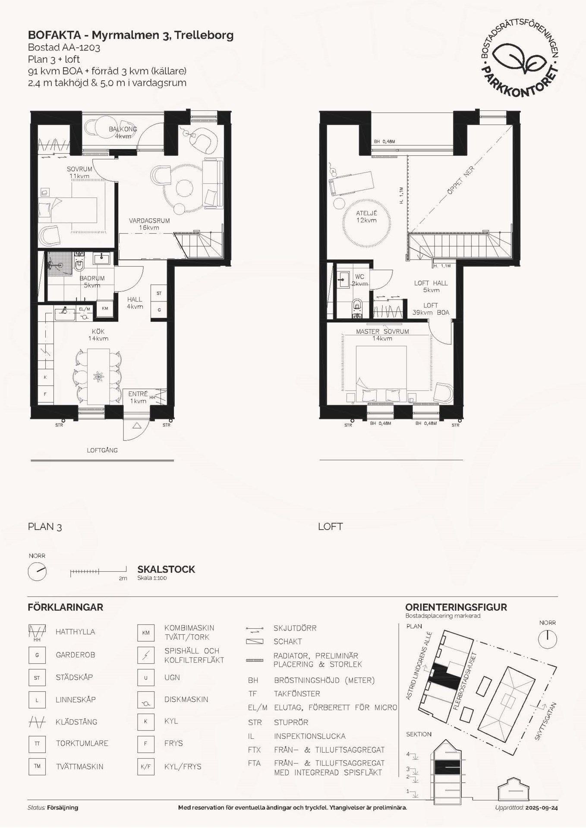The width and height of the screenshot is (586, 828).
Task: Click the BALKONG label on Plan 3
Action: pyautogui.click(x=123, y=129)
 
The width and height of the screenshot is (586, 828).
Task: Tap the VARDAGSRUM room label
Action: pyautogui.click(x=149, y=220)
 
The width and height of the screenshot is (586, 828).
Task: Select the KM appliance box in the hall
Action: pyautogui.click(x=105, y=308)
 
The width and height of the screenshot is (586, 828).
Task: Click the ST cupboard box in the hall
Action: pyautogui.click(x=159, y=293)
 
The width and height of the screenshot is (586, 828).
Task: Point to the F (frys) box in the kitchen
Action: pyautogui.click(x=45, y=394)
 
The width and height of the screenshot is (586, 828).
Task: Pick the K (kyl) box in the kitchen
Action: pyautogui.click(x=45, y=377)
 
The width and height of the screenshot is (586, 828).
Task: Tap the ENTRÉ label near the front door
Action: pyautogui.click(x=138, y=394)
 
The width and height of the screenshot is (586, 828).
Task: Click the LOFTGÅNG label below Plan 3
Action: pyautogui.click(x=102, y=450)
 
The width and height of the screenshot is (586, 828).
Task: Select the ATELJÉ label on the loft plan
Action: pyautogui.click(x=366, y=213)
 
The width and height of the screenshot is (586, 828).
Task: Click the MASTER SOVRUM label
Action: pyautogui.click(x=382, y=332)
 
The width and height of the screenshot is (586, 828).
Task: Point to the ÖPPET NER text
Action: pyautogui.click(x=460, y=181)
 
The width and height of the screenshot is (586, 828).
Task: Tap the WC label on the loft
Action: pyautogui.click(x=359, y=277)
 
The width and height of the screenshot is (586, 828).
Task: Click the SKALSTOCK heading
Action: pyautogui.click(x=166, y=569)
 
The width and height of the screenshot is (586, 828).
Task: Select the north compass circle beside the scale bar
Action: pyautogui.click(x=37, y=572)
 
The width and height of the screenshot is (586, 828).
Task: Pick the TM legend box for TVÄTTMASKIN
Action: pyautogui.click(x=37, y=766)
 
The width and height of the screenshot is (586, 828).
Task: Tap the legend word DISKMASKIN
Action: pyautogui.click(x=186, y=699)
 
